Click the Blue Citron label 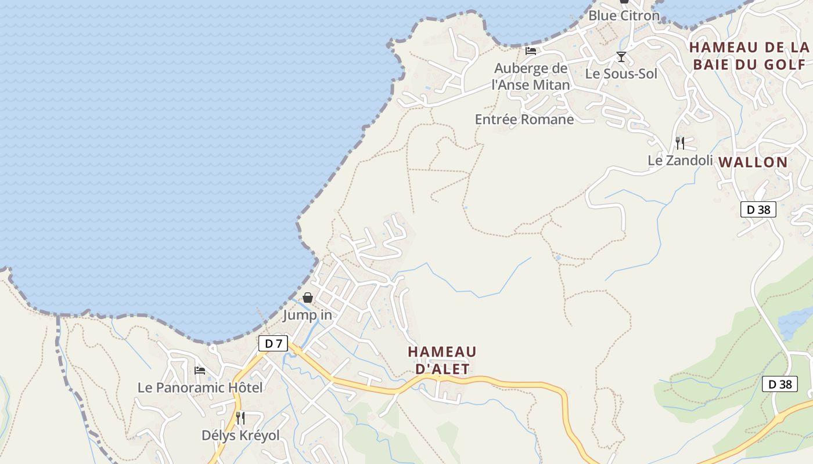624,16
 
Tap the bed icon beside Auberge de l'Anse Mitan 531,50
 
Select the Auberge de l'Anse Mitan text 530,77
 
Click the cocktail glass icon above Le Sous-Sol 621,57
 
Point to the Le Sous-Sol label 621,74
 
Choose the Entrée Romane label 524,119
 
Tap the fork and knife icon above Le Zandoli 680,143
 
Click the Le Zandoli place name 680,160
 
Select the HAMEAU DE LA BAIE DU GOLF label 749,56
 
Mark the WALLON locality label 753,162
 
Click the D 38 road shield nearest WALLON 758,209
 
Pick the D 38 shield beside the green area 779,384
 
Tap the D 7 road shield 273,343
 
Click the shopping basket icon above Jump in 308,298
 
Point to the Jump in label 307,315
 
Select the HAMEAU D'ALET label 442,360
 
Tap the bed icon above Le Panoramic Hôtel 200,370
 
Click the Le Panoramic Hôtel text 200,387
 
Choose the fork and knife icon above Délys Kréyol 240,418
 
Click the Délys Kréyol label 240,435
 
